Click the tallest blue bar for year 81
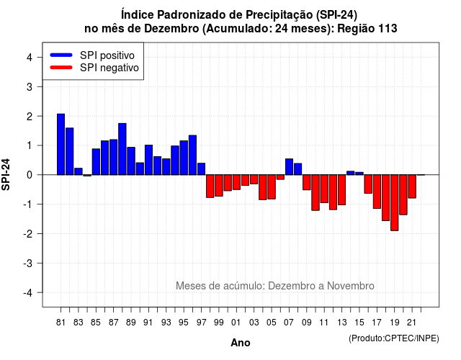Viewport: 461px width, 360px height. click(61, 144)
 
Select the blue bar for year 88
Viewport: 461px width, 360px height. click(122, 149)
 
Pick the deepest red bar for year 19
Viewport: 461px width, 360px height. click(395, 203)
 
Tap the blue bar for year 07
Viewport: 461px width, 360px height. click(290, 166)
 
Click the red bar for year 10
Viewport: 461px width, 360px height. click(315, 192)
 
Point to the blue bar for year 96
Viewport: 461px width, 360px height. click(192, 155)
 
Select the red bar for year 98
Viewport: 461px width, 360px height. click(210, 186)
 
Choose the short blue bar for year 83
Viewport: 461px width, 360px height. click(79, 171)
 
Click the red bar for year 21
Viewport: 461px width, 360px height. click(412, 186)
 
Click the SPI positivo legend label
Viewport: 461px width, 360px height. click(107, 55)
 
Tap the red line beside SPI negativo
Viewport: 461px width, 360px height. click(61, 68)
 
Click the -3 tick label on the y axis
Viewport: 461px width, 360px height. click(28, 264)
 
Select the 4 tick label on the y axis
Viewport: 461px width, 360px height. click(30, 57)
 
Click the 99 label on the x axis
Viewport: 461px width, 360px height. click(218, 323)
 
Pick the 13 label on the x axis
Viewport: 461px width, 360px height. click(341, 323)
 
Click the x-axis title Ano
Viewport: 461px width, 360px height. click(241, 343)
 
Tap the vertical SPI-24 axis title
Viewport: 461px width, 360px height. click(6, 174)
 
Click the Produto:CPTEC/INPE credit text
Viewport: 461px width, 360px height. click(394, 338)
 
